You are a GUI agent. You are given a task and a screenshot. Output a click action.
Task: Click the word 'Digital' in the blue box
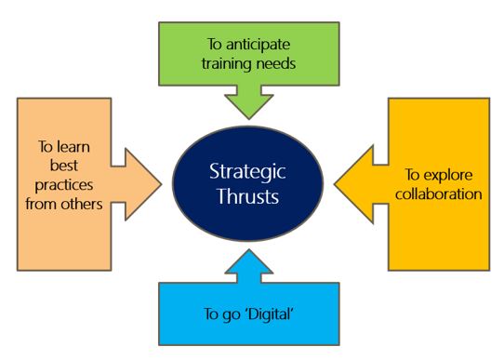pyautogui.click(x=272, y=312)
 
